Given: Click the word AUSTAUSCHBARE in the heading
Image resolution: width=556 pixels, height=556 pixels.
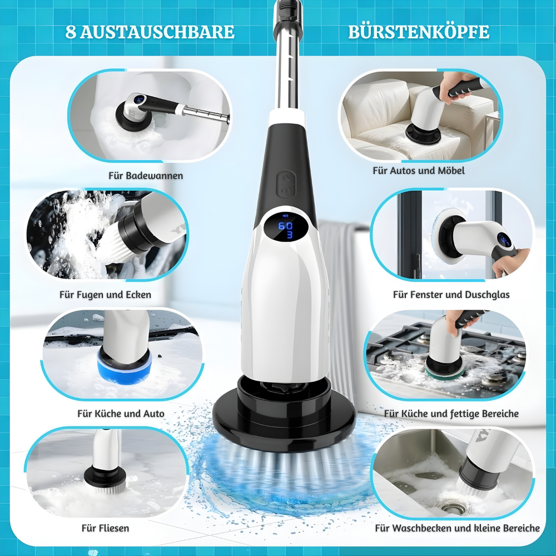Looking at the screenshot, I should click(157, 32).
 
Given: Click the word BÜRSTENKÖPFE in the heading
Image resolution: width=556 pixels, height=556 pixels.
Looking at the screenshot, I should click(419, 32).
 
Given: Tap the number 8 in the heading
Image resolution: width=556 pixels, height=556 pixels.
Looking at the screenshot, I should click(70, 32).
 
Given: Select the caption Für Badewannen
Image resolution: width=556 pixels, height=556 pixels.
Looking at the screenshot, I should click(146, 176).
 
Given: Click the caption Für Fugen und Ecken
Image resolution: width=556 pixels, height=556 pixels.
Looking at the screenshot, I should click(105, 294).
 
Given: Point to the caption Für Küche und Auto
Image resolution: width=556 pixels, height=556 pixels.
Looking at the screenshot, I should click(121, 414).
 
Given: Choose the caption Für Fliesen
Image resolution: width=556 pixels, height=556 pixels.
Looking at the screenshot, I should click(105, 527).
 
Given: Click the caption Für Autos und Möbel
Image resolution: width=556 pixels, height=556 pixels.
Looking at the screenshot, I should click(419, 171).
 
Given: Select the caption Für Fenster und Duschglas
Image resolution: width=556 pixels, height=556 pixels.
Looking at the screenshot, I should click(451, 294).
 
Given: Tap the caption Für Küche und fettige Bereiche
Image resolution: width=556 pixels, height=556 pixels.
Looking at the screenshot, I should click(451, 414).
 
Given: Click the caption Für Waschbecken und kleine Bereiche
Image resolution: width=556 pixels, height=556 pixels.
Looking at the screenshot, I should click(457, 528).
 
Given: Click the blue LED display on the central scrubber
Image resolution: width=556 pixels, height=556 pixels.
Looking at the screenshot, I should click(286, 229).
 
